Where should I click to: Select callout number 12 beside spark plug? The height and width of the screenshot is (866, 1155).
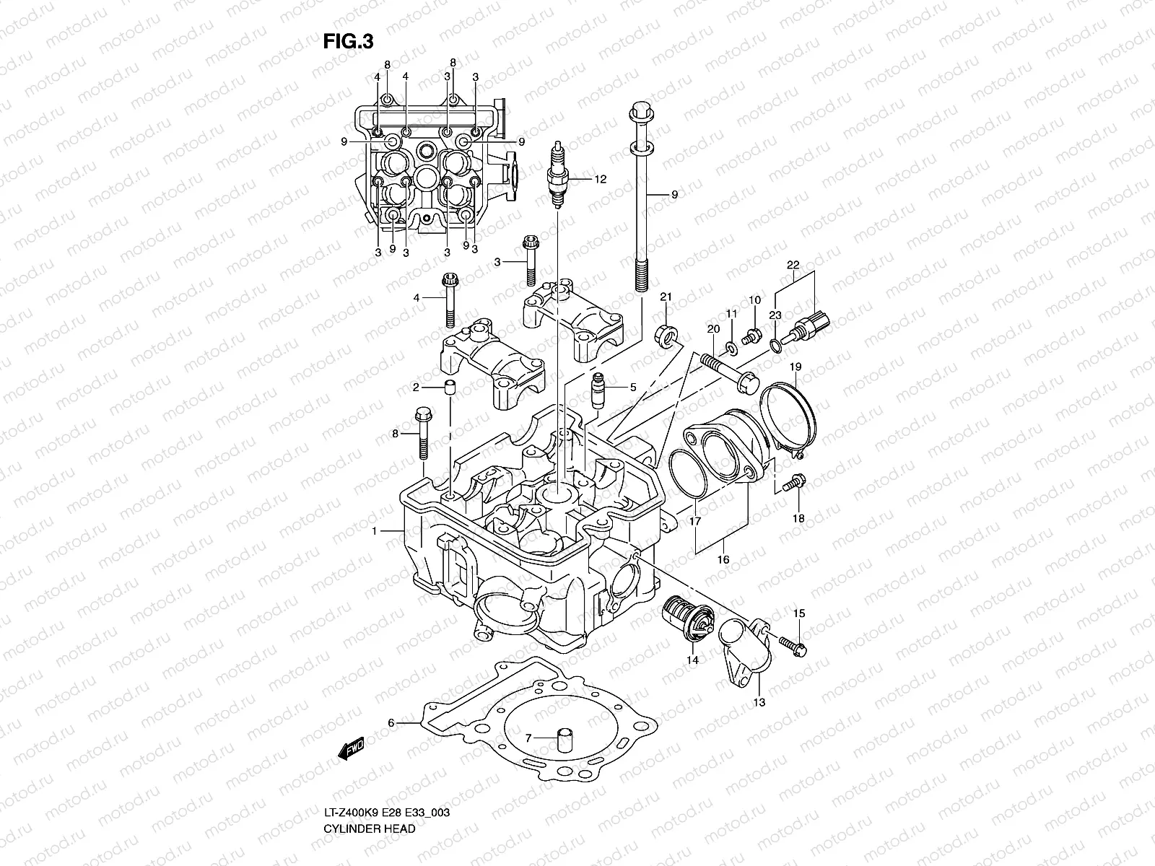pyautogui.click(x=600, y=180)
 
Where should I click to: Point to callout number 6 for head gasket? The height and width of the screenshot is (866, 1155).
pyautogui.click(x=391, y=722)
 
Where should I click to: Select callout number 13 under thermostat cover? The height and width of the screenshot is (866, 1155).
pyautogui.click(x=759, y=701)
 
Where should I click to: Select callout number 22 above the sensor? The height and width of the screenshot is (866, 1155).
pyautogui.click(x=793, y=264)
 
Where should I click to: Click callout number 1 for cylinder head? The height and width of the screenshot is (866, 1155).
pyautogui.click(x=375, y=531)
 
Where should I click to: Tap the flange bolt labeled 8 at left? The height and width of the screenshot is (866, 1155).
pyautogui.click(x=422, y=435)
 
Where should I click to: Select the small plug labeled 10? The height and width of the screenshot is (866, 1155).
pyautogui.click(x=751, y=334)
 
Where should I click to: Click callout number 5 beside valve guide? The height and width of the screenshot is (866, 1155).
pyautogui.click(x=633, y=388)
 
